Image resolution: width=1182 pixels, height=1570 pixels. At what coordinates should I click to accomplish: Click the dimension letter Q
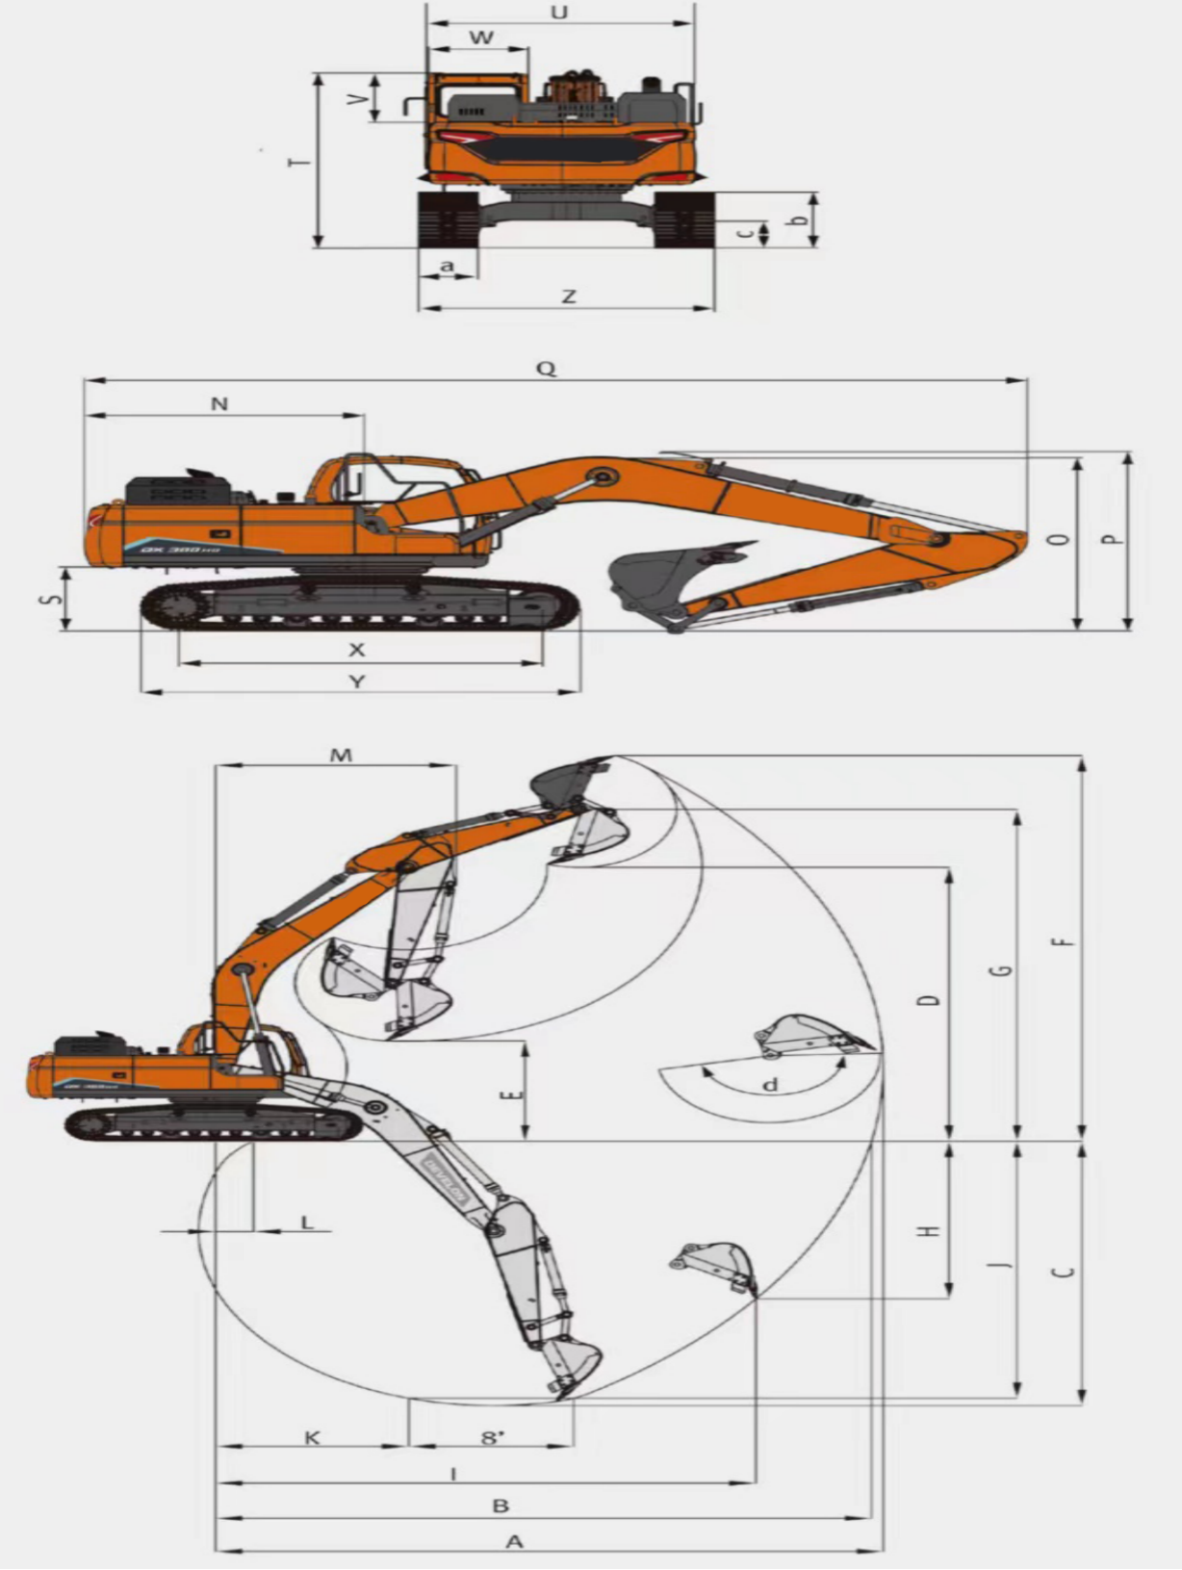point(546,369)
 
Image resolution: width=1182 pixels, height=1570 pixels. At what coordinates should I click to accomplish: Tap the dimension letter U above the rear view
point(558,13)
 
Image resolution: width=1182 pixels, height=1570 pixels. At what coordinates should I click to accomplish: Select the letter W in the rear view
point(481,38)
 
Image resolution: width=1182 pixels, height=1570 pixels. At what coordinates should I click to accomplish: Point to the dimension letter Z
point(569,296)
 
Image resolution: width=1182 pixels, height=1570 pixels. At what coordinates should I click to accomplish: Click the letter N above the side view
point(219,404)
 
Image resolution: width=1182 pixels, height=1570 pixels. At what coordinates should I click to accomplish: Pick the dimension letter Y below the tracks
point(357,682)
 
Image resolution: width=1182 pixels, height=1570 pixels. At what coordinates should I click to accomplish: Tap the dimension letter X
point(357,650)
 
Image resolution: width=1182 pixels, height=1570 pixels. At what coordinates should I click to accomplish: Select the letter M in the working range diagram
point(341,755)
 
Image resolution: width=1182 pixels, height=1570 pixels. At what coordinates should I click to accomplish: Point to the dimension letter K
point(312,1438)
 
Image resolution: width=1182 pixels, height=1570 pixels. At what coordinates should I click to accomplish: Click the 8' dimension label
point(493,1438)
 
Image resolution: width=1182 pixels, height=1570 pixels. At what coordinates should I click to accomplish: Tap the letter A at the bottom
point(515,1542)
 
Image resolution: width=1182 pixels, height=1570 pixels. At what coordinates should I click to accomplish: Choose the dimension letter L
point(307,1223)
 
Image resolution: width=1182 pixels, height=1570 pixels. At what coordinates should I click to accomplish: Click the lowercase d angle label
point(770,1085)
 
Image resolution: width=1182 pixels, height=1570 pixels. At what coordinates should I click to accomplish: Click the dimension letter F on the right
point(1063,941)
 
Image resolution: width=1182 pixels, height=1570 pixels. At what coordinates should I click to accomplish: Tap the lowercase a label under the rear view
point(447,265)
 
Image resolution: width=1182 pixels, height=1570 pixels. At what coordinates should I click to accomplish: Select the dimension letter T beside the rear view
point(300,161)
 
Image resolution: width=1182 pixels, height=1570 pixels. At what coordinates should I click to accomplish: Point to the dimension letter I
point(453,1473)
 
